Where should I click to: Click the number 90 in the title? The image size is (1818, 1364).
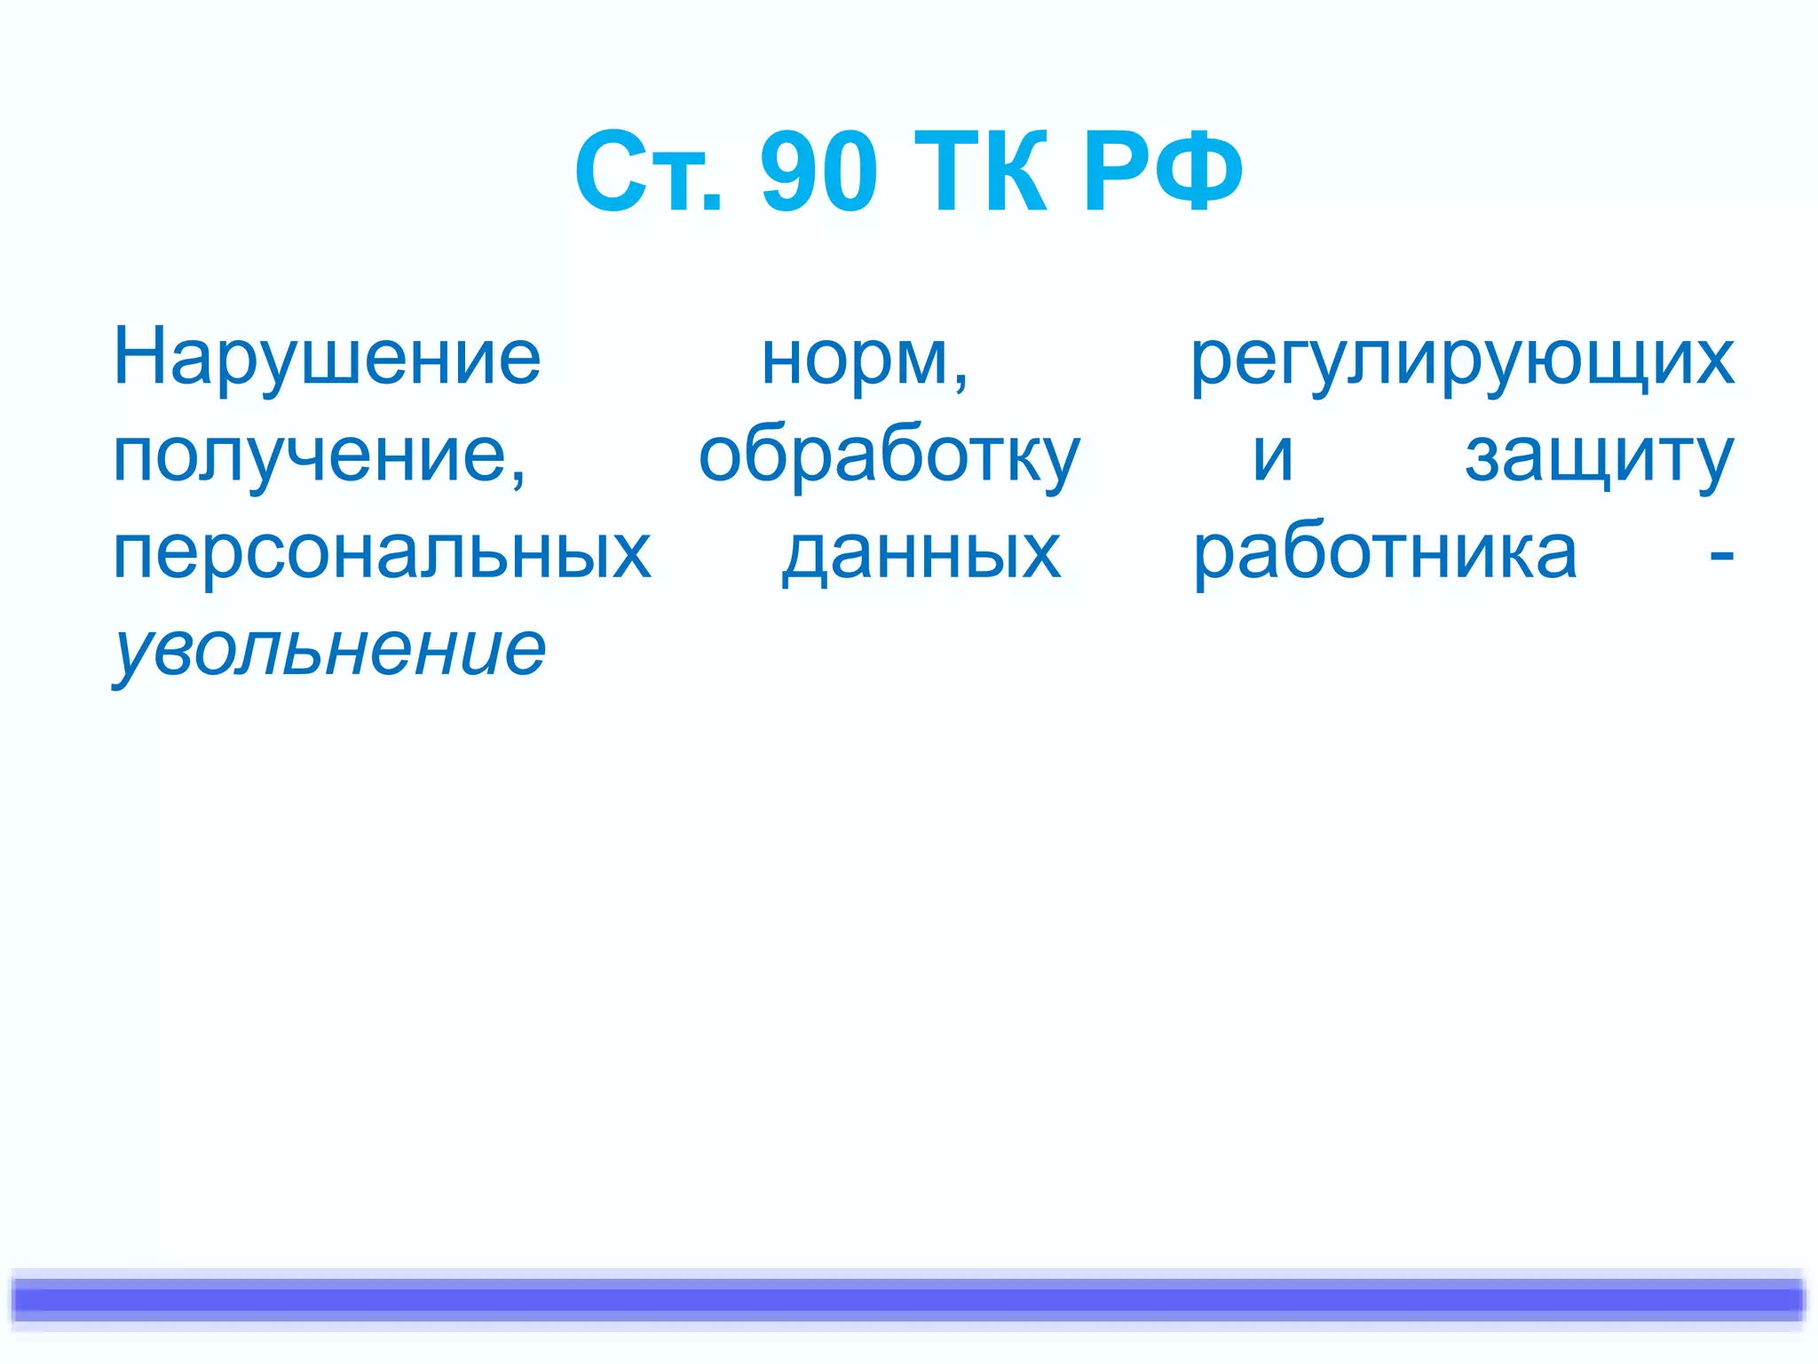(818, 171)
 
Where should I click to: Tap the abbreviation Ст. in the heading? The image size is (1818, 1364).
(648, 171)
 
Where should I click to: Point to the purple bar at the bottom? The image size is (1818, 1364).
(909, 1300)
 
